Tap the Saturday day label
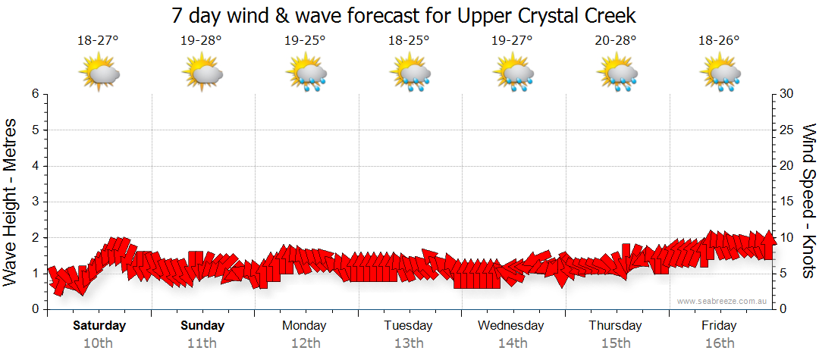[99, 326]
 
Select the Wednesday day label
[511, 326]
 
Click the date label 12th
[305, 343]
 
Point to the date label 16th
[719, 343]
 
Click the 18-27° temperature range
[99, 41]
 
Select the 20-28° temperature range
[616, 41]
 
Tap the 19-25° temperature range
[305, 41]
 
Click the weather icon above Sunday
[202, 74]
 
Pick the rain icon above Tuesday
[409, 74]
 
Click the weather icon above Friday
[720, 74]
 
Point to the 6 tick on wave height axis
[35, 94]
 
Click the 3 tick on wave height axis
[35, 202]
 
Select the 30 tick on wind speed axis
[788, 94]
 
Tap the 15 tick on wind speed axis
[788, 202]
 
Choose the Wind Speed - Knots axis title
[808, 202]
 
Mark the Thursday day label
[615, 326]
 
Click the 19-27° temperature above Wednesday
[512, 41]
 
